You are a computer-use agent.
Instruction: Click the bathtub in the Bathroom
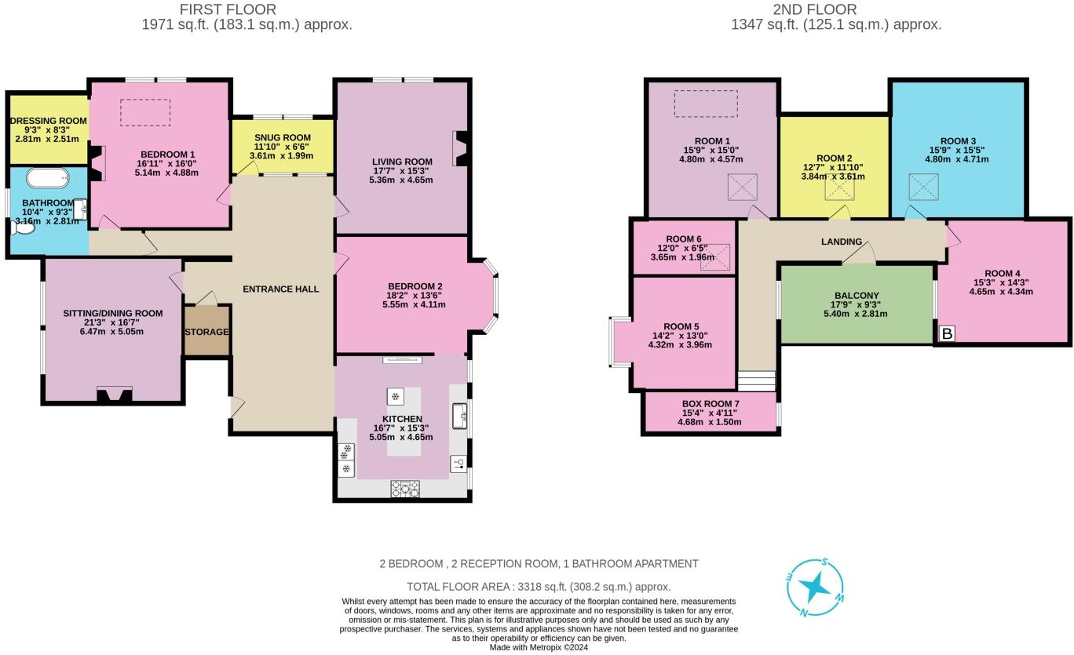(x=47, y=178)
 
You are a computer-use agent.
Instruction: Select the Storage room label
(x=206, y=332)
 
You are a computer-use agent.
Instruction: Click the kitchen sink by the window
(x=459, y=415)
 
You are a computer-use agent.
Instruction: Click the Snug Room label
(x=283, y=137)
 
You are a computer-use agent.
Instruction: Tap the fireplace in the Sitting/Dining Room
(x=114, y=395)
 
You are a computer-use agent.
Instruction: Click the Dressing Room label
(x=48, y=122)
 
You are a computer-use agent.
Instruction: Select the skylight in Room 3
(x=922, y=187)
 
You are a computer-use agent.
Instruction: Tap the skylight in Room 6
(x=715, y=257)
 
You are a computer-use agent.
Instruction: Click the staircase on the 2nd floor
(x=757, y=381)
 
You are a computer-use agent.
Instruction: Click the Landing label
(x=842, y=242)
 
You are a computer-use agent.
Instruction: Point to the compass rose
(x=816, y=586)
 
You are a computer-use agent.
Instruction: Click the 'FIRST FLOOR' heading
(x=228, y=10)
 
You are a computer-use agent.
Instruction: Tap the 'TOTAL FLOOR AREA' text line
(x=538, y=587)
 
